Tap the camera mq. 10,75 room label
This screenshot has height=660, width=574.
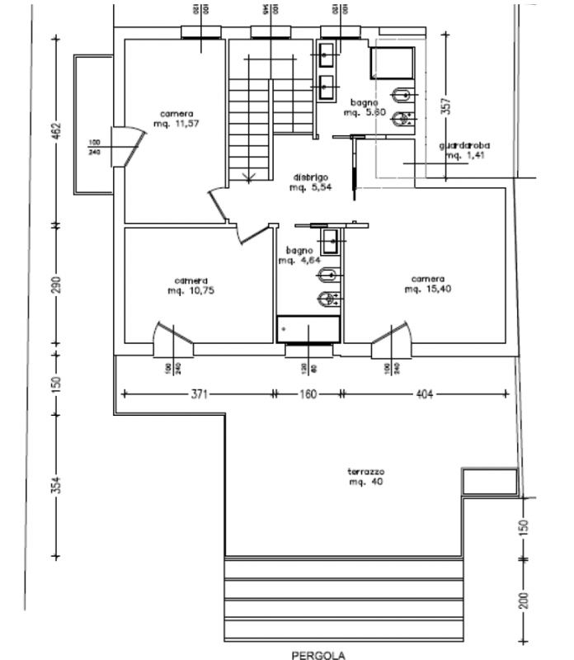tap(191, 285)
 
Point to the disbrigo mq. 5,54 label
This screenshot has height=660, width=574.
tap(310, 182)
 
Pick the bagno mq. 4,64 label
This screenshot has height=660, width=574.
tap(296, 255)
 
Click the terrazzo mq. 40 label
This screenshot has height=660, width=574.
tap(366, 476)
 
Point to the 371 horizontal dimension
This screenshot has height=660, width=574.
tap(198, 394)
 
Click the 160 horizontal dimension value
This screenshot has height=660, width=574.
tap(306, 394)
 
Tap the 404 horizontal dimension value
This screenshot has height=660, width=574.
tap(424, 394)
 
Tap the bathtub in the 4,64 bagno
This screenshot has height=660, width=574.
tap(308, 328)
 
